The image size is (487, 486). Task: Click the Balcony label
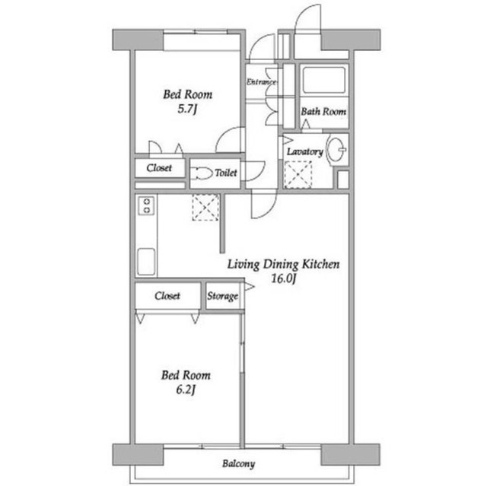(238, 464)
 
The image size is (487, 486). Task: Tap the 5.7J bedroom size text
(187, 109)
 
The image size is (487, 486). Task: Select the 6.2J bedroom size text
(186, 390)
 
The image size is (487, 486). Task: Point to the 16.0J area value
(283, 278)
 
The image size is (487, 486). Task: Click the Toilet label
(226, 173)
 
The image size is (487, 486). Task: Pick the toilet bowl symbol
(202, 173)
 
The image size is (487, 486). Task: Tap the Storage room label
(223, 296)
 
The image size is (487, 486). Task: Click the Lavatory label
(304, 151)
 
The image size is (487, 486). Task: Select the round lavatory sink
(336, 149)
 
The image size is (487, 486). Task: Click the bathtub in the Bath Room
(324, 80)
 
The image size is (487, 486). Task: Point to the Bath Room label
(323, 111)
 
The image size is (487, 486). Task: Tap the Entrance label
(261, 82)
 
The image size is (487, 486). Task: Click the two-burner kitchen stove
(147, 206)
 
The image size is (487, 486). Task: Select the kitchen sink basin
(146, 262)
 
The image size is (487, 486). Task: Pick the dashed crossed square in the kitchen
(205, 208)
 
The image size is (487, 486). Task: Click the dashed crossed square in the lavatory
(298, 175)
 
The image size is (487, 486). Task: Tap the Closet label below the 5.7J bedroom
(159, 168)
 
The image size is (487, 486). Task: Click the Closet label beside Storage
(167, 296)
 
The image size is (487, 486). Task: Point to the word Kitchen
(321, 264)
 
